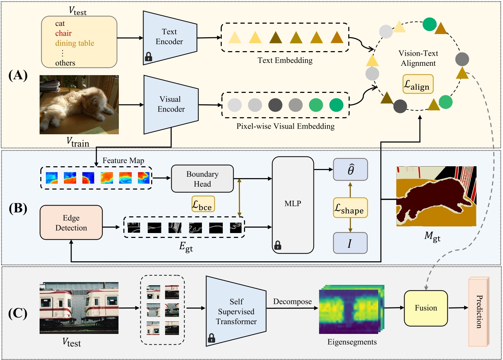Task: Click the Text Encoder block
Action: coord(170,37)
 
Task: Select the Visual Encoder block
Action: coord(171,104)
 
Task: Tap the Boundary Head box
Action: coord(202,179)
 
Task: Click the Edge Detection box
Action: coord(71,223)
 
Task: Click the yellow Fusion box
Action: coord(426,308)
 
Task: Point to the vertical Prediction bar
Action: coord(479,311)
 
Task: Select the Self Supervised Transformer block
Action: coord(236,312)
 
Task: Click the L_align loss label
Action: coord(418,84)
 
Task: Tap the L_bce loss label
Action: coord(203,204)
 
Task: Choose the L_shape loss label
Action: coord(350,208)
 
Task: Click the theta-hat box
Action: coord(350,170)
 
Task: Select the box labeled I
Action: coord(350,243)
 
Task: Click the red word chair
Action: coord(63,33)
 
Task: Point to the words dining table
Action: coord(75,43)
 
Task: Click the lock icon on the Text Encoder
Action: coord(148,56)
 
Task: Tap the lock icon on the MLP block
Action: coord(278,246)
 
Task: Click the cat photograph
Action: coord(79,105)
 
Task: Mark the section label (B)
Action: coord(18,208)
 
